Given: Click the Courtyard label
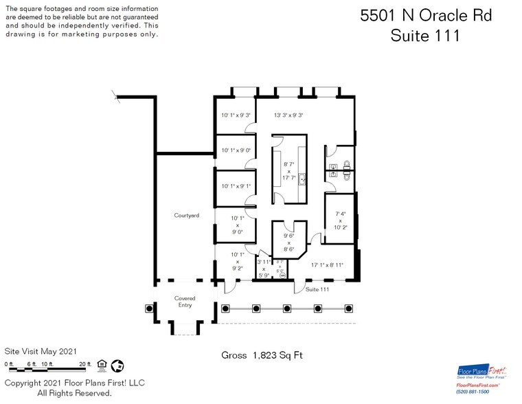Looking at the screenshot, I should pyautogui.click(x=186, y=215).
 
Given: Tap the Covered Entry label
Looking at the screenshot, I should pyautogui.click(x=185, y=301).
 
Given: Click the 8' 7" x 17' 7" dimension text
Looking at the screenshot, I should pyautogui.click(x=288, y=171).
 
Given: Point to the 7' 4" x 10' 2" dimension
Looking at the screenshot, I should pyautogui.click(x=339, y=220).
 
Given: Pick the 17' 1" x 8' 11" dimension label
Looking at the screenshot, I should pyautogui.click(x=327, y=265).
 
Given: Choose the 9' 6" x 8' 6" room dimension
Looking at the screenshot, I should pyautogui.click(x=288, y=243).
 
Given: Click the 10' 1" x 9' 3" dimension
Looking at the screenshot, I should pyautogui.click(x=236, y=115).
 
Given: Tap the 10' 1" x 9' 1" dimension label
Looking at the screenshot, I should pyautogui.click(x=236, y=186).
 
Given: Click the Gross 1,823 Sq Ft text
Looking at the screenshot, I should pyautogui.click(x=262, y=355).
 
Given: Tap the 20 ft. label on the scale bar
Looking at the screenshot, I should pyautogui.click(x=85, y=363).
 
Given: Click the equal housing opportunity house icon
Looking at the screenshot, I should pyautogui.click(x=102, y=363).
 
